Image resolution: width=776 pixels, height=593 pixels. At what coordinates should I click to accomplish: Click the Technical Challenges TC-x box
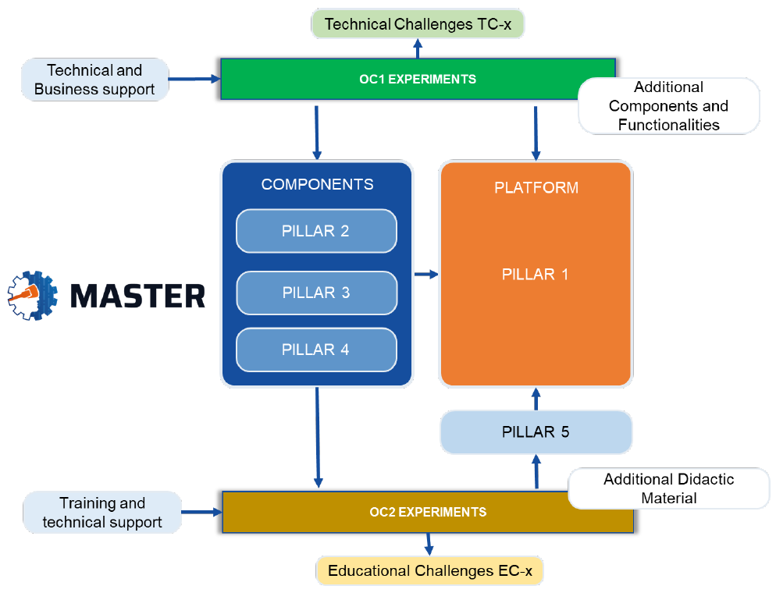[x=418, y=24]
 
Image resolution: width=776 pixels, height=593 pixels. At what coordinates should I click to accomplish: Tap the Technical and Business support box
[x=94, y=80]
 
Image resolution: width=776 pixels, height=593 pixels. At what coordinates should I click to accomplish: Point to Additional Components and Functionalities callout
[x=668, y=105]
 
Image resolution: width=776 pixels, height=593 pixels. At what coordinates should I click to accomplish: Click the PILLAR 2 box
[x=316, y=231]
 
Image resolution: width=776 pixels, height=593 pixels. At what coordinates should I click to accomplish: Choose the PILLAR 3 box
[x=316, y=293]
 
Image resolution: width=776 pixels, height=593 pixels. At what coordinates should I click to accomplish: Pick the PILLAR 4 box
[x=316, y=350]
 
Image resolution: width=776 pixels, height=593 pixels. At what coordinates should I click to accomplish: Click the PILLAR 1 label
[x=535, y=275]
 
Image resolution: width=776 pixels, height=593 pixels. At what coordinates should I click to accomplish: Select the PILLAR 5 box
[x=536, y=431]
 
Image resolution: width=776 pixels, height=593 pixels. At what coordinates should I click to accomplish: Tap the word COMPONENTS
[x=317, y=185]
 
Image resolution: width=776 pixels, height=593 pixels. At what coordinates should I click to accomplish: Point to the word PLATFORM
[x=536, y=188]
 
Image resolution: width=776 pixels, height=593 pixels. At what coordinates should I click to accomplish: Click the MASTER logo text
[x=138, y=296]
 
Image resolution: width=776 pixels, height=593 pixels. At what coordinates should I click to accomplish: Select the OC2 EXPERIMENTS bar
[x=428, y=512]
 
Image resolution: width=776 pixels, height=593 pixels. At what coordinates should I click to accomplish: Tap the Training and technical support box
[x=102, y=513]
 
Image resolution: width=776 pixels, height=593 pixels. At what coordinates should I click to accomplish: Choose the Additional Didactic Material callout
[x=668, y=488]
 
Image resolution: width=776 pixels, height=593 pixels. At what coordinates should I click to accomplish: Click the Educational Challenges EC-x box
[x=429, y=570]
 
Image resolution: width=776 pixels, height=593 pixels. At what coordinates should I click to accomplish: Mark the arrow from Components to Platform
[x=425, y=274]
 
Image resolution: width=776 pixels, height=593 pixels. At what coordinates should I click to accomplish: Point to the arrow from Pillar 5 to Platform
[x=536, y=399]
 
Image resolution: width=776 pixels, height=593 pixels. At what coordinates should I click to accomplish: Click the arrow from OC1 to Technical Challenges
[x=418, y=48]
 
